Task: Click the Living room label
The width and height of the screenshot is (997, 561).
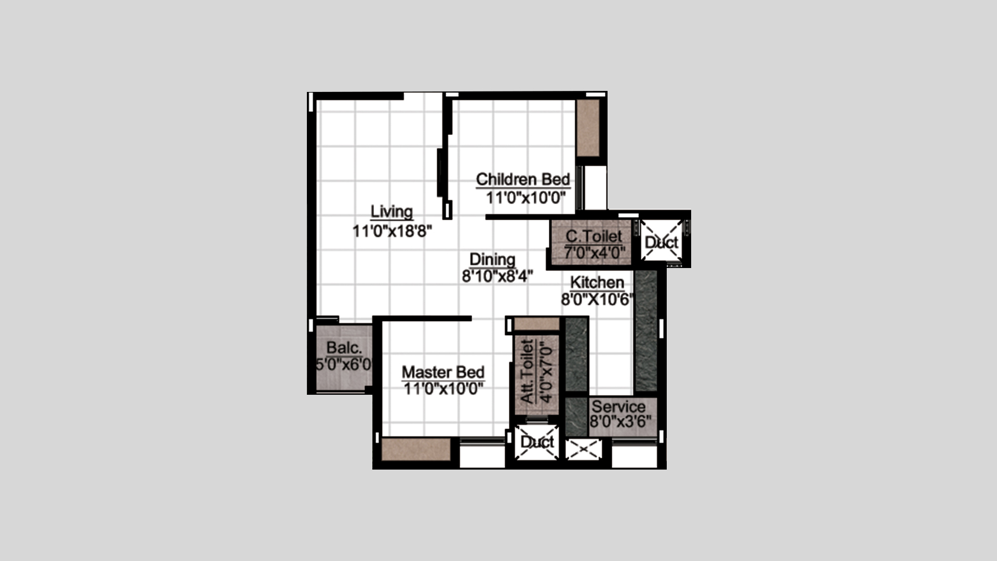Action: tap(392, 211)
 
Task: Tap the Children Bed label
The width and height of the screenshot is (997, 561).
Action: tap(523, 179)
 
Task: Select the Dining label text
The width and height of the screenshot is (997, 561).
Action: tap(492, 259)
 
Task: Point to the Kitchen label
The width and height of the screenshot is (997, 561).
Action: tap(597, 283)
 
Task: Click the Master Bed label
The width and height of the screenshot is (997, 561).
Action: tap(443, 372)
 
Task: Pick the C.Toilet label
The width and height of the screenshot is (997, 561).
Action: tap(594, 236)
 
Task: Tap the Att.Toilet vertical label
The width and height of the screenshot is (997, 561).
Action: tap(527, 371)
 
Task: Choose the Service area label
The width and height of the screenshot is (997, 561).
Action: tap(618, 406)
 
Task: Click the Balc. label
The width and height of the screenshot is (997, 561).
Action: tap(344, 348)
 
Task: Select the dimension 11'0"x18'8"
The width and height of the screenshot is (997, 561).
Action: tap(393, 231)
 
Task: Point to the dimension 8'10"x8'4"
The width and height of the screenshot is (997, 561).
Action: tap(497, 276)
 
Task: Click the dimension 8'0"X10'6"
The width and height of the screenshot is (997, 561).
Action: tap(598, 299)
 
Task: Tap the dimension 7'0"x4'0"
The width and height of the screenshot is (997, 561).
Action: tap(595, 253)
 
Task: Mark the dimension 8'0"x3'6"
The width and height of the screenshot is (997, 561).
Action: tap(621, 421)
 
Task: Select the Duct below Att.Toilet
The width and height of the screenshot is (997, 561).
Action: tap(537, 442)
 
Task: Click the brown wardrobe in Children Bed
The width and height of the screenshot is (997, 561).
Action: tap(588, 128)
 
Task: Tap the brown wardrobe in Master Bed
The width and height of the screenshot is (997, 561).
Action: tap(416, 449)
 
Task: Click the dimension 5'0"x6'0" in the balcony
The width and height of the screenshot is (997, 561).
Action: tap(344, 364)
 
